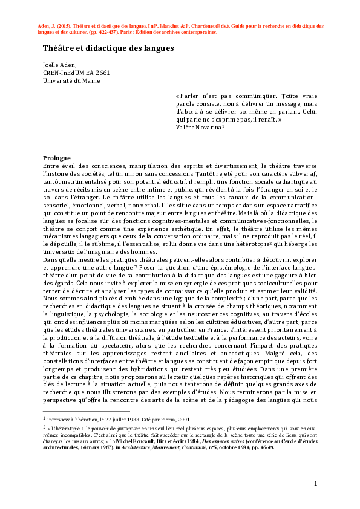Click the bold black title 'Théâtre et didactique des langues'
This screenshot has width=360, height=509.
[x=108, y=48]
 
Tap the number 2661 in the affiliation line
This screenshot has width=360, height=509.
[x=108, y=73]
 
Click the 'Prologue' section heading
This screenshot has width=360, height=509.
[x=57, y=158]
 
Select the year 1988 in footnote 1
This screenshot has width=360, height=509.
[x=128, y=418]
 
